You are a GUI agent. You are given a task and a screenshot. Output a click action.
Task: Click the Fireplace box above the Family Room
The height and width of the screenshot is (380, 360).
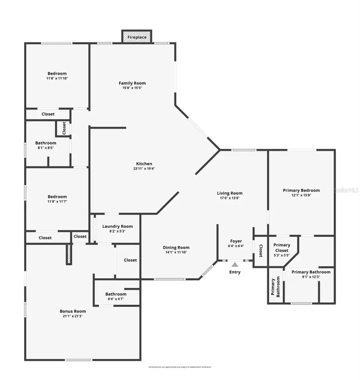tap(137, 37)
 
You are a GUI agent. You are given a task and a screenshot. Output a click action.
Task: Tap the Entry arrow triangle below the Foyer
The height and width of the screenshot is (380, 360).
tap(235, 264)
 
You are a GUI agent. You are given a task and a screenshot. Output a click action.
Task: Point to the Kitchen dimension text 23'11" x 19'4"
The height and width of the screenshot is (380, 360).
tap(144, 169)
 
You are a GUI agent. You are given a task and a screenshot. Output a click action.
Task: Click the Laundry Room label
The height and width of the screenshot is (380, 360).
tap(117, 226)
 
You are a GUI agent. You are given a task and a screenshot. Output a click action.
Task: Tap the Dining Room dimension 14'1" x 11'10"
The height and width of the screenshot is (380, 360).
tap(176, 252)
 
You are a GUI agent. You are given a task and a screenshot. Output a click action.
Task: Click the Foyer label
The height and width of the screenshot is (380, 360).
tap(236, 241)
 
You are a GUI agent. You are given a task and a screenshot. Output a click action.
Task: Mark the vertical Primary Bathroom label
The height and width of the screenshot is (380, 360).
tap(275, 287)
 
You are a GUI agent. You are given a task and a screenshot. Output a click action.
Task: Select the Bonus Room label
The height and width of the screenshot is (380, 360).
tap(72, 311)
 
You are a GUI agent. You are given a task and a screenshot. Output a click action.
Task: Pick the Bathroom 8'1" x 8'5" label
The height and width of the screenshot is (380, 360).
tap(46, 143)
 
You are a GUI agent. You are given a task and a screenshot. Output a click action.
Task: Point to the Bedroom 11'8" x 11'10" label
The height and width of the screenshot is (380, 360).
tap(57, 74)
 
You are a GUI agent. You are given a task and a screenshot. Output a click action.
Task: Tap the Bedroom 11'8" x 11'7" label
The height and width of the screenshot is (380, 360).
tap(57, 197)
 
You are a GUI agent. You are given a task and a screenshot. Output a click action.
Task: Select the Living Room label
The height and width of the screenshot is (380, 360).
tap(230, 193)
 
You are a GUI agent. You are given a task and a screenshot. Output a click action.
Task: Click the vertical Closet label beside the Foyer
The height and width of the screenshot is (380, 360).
tap(260, 250)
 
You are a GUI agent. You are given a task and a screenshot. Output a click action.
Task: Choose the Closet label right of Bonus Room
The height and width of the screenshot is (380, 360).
tap(130, 260)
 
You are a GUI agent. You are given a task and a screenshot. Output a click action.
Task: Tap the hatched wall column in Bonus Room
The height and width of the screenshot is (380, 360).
tap(69, 254)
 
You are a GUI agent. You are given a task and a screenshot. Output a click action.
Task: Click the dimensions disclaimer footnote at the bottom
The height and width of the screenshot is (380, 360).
tap(180, 367)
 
